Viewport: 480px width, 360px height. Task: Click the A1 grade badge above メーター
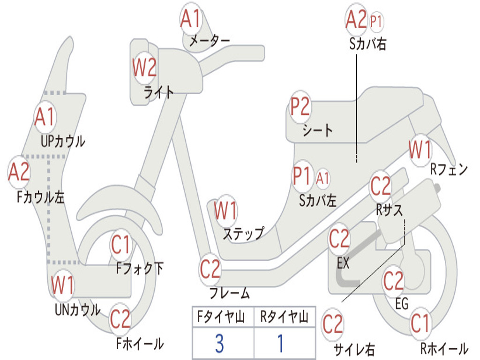(191, 20)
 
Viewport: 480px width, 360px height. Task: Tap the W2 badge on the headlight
(144, 69)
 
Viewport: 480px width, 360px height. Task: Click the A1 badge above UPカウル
(45, 117)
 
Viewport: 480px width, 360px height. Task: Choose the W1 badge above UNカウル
(63, 285)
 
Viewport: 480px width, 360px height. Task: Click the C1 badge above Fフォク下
(121, 244)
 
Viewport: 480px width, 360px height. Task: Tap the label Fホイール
(140, 344)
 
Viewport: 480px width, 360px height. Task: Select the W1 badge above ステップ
(225, 211)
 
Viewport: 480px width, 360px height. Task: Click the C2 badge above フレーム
(210, 269)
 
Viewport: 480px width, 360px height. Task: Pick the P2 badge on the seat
(300, 107)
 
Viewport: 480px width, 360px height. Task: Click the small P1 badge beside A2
(376, 21)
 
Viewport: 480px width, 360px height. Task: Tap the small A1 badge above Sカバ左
(323, 178)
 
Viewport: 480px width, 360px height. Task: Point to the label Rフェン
(449, 170)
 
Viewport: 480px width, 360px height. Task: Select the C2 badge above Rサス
(381, 187)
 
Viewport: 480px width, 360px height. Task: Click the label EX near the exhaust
(343, 263)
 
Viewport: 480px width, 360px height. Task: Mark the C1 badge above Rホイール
(420, 323)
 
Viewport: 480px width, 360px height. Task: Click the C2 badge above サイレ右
(333, 324)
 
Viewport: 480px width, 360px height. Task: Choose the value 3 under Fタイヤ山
(219, 344)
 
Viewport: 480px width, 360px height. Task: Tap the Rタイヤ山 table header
(284, 318)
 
